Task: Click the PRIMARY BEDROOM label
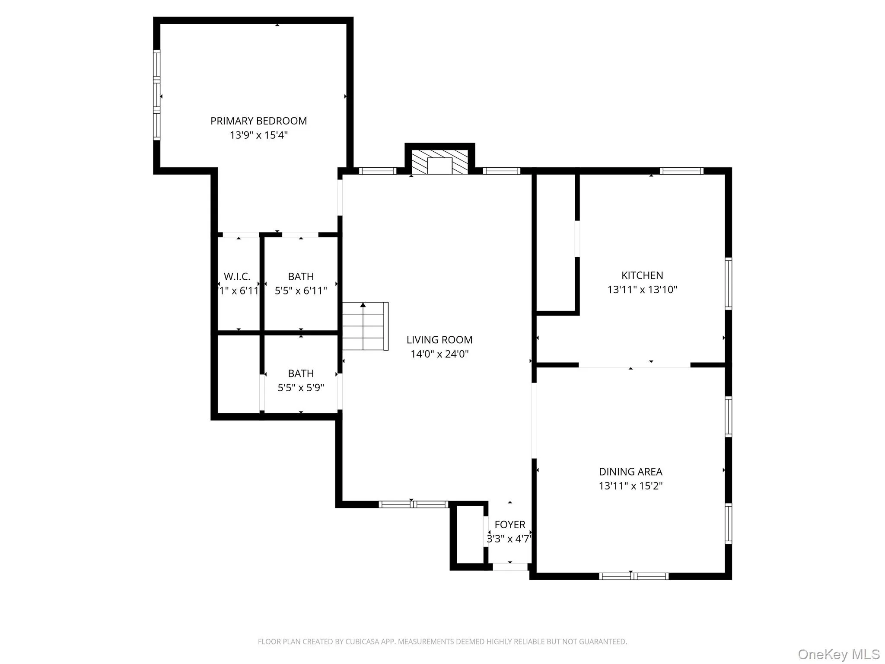pos(258,121)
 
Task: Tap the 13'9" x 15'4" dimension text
pos(258,135)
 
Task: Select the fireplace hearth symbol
pos(439,163)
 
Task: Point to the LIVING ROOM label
pos(439,340)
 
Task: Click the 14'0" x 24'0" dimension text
pos(439,354)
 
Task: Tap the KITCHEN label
pos(642,275)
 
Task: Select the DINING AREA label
pos(630,472)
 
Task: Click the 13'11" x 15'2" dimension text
pos(630,486)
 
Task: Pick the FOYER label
pos(510,525)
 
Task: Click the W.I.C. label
pos(237,277)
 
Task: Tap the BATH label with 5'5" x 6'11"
pos(301,277)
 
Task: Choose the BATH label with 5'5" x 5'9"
pos(301,373)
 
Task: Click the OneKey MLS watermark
pos(838,654)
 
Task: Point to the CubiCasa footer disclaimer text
pos(442,642)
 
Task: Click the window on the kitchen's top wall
pos(681,171)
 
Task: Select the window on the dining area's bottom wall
pos(634,576)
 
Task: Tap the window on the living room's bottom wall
pos(414,504)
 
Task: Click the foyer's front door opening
pos(510,567)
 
